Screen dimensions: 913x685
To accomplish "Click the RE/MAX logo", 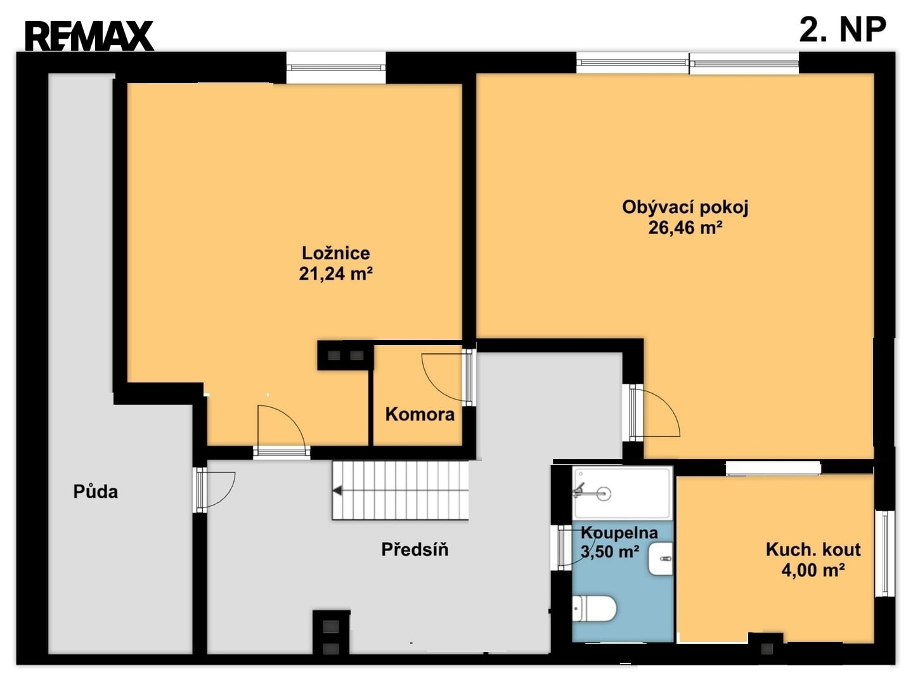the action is pyautogui.click(x=89, y=36).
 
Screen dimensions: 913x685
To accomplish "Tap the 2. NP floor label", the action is pyautogui.click(x=842, y=30).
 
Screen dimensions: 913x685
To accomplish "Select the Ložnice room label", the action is pyautogui.click(x=335, y=253).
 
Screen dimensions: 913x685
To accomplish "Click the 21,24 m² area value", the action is pyautogui.click(x=335, y=273).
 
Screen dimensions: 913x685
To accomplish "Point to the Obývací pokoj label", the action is pyautogui.click(x=685, y=207).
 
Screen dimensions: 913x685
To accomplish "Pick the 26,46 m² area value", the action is pyautogui.click(x=685, y=228).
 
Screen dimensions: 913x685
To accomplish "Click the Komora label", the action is pyautogui.click(x=420, y=414).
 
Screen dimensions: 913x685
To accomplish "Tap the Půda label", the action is pyautogui.click(x=96, y=492).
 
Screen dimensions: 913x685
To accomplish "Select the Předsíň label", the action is pyautogui.click(x=415, y=549).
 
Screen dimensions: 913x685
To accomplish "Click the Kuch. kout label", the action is pyautogui.click(x=813, y=550).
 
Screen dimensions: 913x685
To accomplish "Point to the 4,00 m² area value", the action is pyautogui.click(x=813, y=570).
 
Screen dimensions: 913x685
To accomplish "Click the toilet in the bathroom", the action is pyautogui.click(x=593, y=609).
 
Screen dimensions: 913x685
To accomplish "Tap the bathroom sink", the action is pyautogui.click(x=660, y=559).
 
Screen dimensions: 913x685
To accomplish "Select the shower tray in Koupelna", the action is pyautogui.click(x=622, y=493).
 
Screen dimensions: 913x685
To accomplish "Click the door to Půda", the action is pyautogui.click(x=216, y=490).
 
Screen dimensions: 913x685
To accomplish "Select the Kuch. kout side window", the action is pyautogui.click(x=884, y=553).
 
